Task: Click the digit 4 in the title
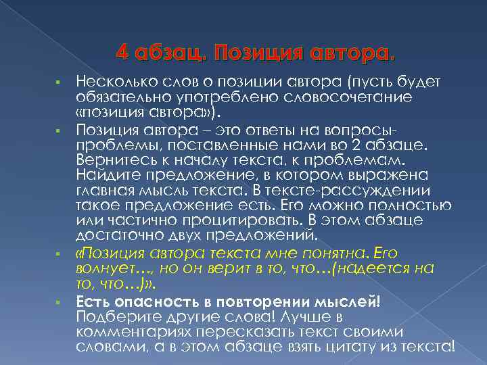click(122, 52)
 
